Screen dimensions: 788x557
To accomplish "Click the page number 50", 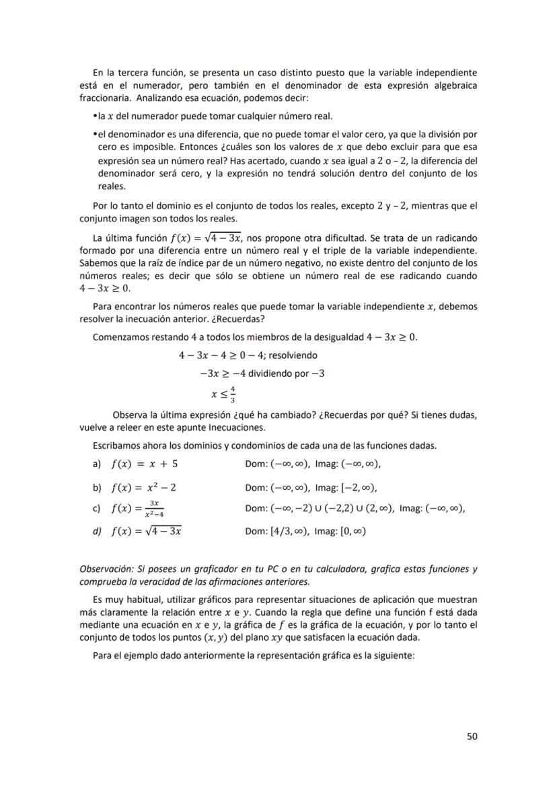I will (472, 736).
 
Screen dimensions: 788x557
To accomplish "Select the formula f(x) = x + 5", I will (145, 464).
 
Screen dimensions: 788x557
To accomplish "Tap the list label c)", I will (96, 508).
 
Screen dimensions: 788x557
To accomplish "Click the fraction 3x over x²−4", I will (157, 509).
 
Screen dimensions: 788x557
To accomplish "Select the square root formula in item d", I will (147, 531).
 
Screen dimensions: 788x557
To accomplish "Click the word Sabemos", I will (98, 263).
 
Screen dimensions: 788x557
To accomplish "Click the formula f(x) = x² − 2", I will (145, 487).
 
